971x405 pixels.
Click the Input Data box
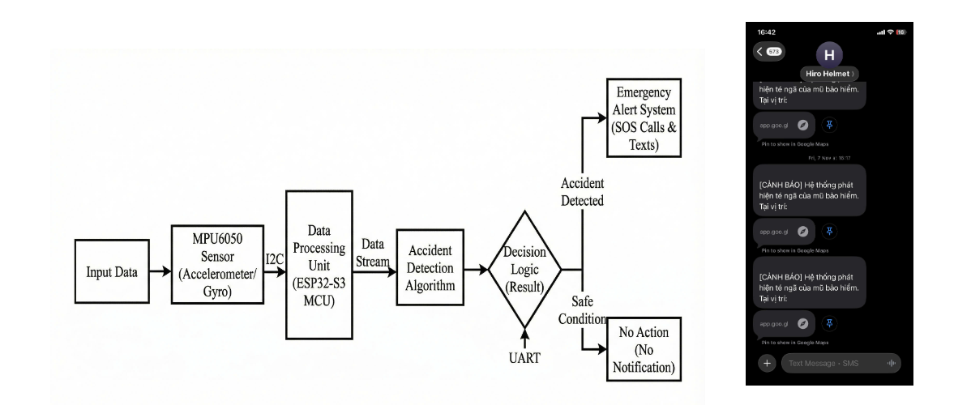coord(112,272)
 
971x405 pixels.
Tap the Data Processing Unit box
coord(319,264)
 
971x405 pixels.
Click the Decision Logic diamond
coord(525,270)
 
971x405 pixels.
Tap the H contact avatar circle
coord(828,55)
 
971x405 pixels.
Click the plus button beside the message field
coord(766,364)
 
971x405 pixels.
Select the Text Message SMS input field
coord(840,364)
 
